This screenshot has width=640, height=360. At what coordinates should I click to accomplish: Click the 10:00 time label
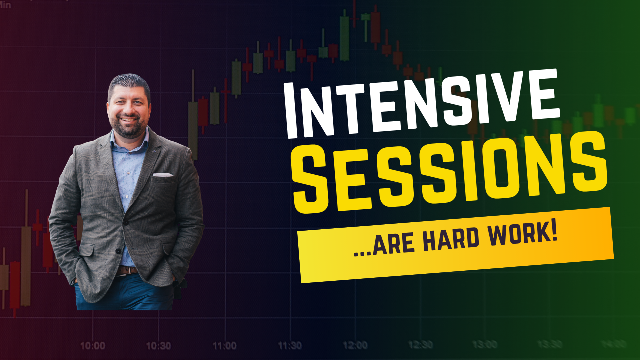pyautogui.click(x=93, y=346)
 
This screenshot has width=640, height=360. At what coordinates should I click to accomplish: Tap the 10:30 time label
pyautogui.click(x=159, y=346)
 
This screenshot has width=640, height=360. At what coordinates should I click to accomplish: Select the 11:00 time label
pyautogui.click(x=225, y=346)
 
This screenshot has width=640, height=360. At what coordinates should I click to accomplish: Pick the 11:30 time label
pyautogui.click(x=290, y=346)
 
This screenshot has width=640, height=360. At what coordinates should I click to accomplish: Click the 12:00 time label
pyautogui.click(x=355, y=345)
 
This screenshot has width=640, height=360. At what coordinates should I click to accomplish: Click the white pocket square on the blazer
pyautogui.click(x=163, y=175)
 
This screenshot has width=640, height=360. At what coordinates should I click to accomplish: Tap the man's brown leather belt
pyautogui.click(x=127, y=270)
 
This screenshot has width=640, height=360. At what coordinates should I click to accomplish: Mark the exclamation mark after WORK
pyautogui.click(x=554, y=232)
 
